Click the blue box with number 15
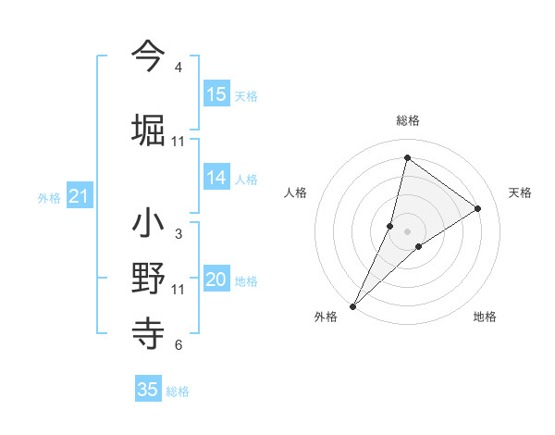216,94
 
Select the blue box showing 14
216,178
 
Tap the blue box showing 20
216,280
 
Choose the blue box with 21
80,196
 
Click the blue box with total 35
148,390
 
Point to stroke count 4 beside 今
179,68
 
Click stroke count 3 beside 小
179,234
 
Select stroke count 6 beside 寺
179,345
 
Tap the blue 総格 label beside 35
178,391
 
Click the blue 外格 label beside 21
49,198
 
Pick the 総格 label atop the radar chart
408,120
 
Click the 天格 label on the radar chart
521,193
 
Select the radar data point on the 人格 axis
390,226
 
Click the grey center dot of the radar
408,231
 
